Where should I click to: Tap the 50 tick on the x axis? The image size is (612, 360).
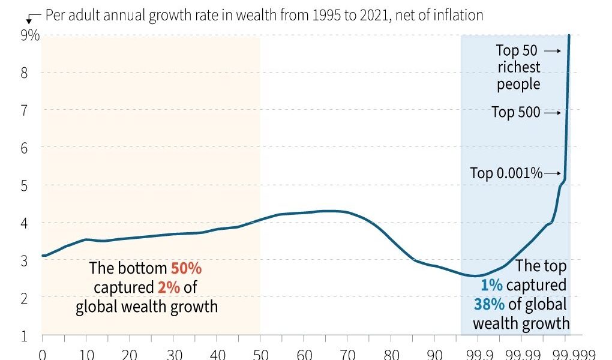[260, 353]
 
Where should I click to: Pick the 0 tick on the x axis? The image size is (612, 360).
[42, 353]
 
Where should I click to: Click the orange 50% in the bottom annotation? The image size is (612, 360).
[187, 268]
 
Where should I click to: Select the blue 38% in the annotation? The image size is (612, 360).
[489, 304]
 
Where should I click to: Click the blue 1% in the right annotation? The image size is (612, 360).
[491, 285]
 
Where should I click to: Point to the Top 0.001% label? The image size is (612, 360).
[506, 173]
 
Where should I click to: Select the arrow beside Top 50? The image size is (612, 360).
[553, 51]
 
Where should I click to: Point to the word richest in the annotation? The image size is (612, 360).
[518, 67]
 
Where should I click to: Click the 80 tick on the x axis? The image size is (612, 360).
[391, 353]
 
